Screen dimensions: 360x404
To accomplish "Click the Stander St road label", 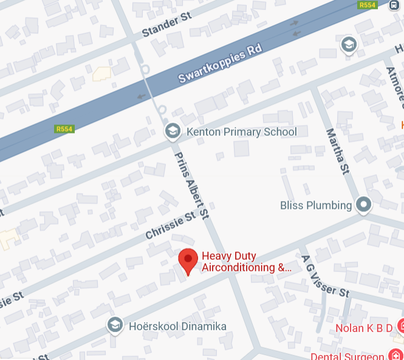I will point(166,25).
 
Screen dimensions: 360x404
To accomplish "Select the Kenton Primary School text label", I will point(241,132).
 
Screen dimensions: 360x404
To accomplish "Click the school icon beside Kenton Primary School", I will point(173,131).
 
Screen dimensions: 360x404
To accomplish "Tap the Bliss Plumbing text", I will point(316,205).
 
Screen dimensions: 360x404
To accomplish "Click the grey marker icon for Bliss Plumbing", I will point(363,205).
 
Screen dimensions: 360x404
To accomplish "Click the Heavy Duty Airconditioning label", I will point(246,262).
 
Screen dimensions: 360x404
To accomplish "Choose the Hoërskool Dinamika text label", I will point(177,327).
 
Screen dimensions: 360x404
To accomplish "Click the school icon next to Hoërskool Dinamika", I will point(114,326).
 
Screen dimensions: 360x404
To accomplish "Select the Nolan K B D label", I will point(363,328).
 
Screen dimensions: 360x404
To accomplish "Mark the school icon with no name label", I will point(348,44).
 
